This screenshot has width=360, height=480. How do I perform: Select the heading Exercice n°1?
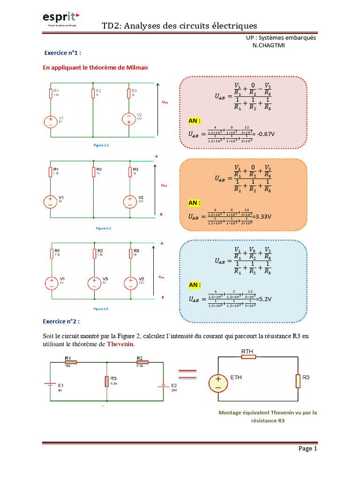pyautogui.click(x=62, y=53)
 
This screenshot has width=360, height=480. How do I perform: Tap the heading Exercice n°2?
pyautogui.click(x=61, y=322)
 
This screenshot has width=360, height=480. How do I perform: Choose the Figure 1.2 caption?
pyautogui.click(x=103, y=228)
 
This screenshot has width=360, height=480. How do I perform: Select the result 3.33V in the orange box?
pyautogui.click(x=263, y=217)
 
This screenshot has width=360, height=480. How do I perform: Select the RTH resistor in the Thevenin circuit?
pyautogui.click(x=248, y=357)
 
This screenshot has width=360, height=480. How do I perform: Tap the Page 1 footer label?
pyautogui.click(x=308, y=449)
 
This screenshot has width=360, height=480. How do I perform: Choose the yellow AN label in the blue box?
pyautogui.click(x=195, y=285)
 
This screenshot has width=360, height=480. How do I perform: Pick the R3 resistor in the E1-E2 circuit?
pyautogui.click(x=107, y=381)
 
